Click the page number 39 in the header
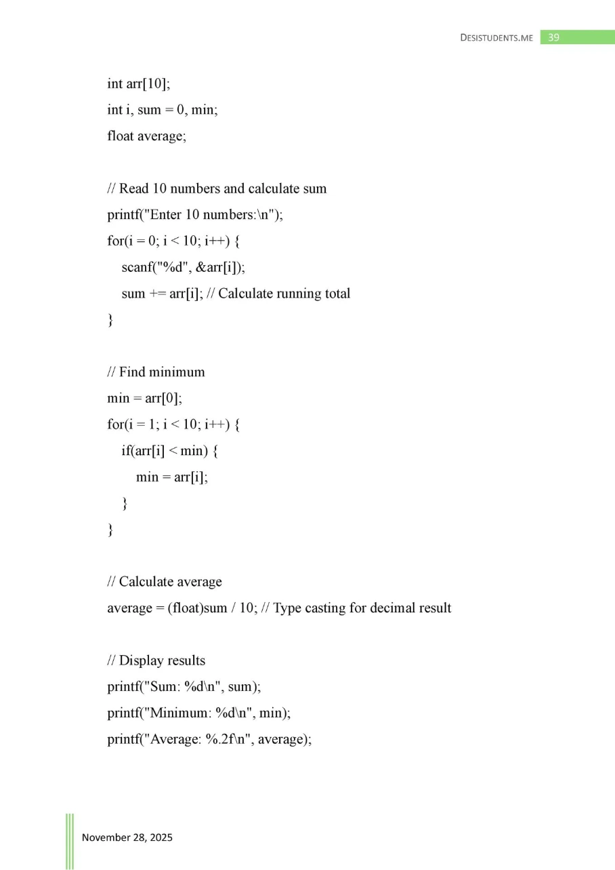pos(553,37)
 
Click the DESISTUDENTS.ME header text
pos(496,38)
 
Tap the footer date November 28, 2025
pos(127,837)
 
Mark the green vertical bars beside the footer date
pos(70,841)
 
